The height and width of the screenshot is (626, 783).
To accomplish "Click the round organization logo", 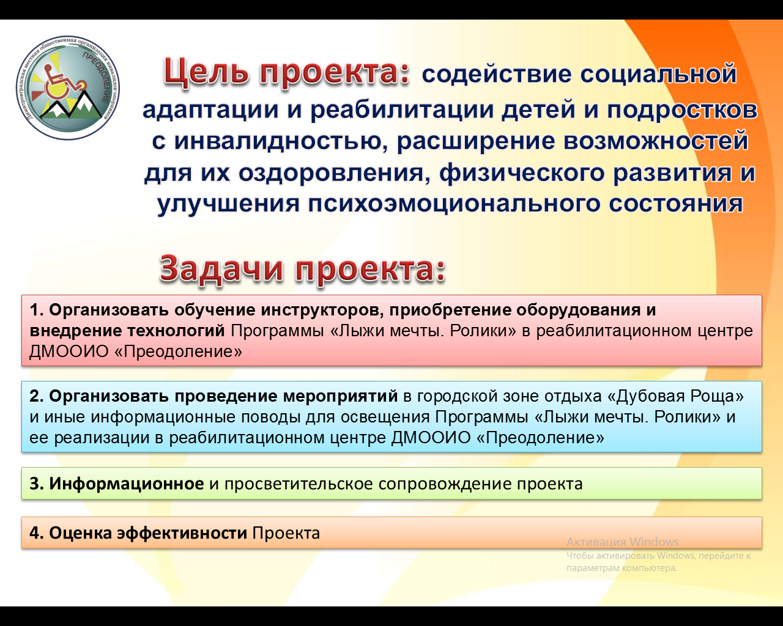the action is tap(68, 88).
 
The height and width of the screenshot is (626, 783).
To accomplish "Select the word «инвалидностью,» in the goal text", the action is tap(281, 142).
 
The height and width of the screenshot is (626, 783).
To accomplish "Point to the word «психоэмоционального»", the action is tap(454, 204).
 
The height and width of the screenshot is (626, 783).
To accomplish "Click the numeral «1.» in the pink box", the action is tap(37, 310).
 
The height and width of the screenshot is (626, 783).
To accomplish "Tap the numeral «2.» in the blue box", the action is tap(37, 396).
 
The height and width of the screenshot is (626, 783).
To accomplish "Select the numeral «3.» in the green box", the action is tap(37, 484).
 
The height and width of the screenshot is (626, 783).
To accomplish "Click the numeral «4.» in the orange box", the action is tap(37, 533).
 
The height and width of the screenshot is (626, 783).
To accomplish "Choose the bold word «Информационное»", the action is tap(127, 484).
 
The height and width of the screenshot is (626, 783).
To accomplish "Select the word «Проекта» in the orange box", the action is tap(286, 533).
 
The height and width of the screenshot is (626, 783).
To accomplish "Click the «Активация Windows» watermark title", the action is tap(623, 542).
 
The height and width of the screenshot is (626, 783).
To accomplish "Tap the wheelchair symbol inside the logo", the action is tap(64, 82).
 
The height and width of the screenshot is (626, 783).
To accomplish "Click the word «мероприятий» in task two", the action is tap(341, 397).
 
